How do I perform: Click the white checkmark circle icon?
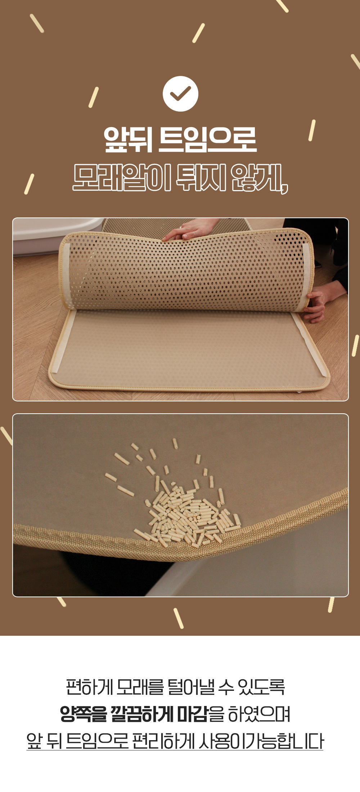(x=180, y=94)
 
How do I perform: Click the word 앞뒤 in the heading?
(x=128, y=139)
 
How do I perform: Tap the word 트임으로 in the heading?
(x=207, y=139)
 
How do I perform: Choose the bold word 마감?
(x=193, y=714)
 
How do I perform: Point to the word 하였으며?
(x=259, y=714)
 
